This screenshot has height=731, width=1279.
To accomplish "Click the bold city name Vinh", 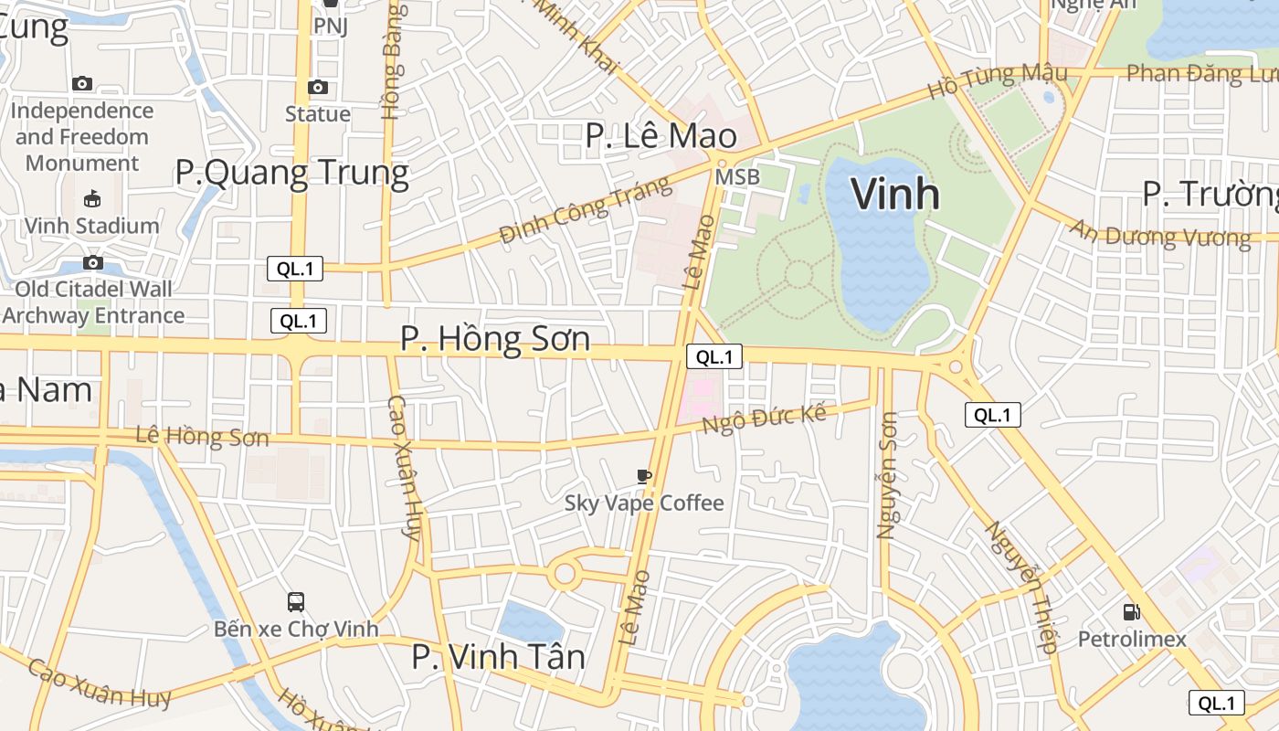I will (x=895, y=194).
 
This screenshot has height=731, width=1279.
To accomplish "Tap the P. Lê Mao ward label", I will (x=661, y=136).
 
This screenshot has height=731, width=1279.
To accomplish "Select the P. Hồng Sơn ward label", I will (x=495, y=340).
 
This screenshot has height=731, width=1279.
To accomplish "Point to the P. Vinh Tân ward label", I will (x=498, y=657).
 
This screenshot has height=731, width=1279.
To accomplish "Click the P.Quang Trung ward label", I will (x=291, y=173).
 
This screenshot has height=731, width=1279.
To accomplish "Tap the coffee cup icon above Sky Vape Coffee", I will (x=644, y=476).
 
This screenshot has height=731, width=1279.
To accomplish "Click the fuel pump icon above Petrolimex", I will (x=1132, y=612).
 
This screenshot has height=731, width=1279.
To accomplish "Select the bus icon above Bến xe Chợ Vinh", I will (x=296, y=602).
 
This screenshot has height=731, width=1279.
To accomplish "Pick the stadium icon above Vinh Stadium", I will (x=92, y=198).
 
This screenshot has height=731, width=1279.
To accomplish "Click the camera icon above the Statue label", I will (x=318, y=87).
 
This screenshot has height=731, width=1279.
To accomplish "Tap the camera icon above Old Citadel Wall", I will (x=92, y=263).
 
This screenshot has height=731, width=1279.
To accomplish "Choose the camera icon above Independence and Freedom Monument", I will (x=82, y=83).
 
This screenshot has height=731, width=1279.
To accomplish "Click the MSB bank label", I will (x=736, y=177).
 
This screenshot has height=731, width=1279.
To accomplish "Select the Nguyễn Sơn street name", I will (x=887, y=475).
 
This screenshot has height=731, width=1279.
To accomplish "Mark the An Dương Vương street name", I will (x=1160, y=234).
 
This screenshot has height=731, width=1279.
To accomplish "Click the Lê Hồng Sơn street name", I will (x=202, y=436).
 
